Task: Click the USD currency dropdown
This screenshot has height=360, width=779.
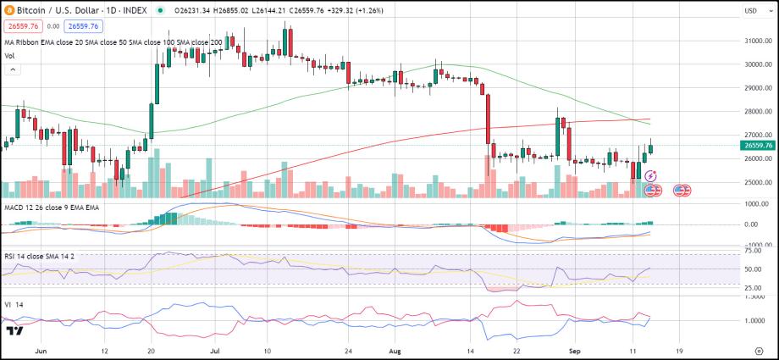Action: tap(751, 11)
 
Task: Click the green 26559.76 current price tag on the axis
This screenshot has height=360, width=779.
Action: tap(755, 145)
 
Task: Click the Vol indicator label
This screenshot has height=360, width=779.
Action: tap(9, 56)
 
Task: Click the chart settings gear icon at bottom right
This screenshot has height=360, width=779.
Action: tap(760, 349)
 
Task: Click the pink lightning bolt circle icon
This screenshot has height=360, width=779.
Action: tap(650, 175)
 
